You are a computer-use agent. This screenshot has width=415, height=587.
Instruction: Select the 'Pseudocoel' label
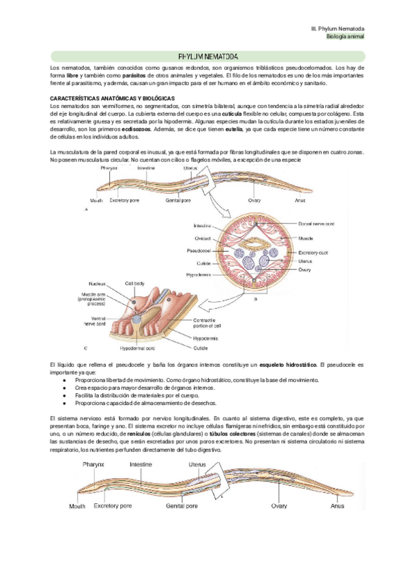click(199, 249)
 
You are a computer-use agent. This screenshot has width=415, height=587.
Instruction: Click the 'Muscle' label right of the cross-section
click(306, 237)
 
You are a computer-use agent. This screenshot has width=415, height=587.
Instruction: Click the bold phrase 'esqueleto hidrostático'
click(288, 364)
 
